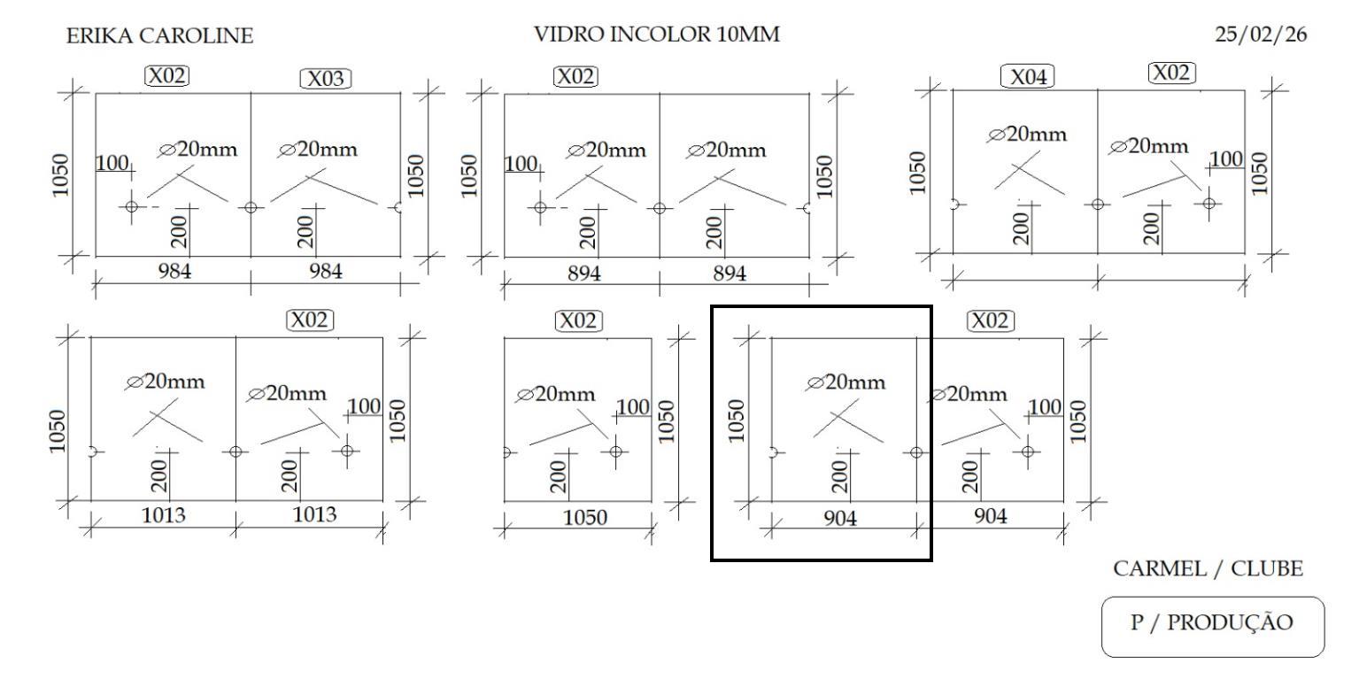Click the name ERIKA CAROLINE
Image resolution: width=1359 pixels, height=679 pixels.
click(x=159, y=36)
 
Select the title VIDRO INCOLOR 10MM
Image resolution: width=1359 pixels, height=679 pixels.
click(x=657, y=35)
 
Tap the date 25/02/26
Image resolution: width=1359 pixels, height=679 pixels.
click(x=1260, y=35)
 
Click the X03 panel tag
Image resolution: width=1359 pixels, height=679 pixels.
click(x=326, y=79)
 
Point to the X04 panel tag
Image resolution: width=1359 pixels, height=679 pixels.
click(x=1028, y=77)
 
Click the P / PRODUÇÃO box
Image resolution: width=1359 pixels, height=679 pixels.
click(x=1212, y=623)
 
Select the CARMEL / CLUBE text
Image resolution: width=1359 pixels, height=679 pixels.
click(x=1208, y=569)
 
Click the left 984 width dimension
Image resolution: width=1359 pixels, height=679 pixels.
click(x=174, y=271)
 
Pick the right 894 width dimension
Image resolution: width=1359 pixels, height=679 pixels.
click(x=730, y=274)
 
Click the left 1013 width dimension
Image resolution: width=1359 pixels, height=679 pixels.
click(x=165, y=515)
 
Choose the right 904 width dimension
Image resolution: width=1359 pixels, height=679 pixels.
click(x=990, y=516)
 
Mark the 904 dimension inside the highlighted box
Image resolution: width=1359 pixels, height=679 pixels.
click(x=841, y=518)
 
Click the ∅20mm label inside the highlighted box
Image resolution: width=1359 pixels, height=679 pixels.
click(x=846, y=382)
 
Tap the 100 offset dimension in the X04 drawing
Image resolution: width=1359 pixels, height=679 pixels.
click(x=1225, y=158)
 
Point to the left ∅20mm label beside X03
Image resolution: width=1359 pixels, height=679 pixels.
click(x=197, y=149)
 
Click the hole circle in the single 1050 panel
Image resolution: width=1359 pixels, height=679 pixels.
click(x=615, y=451)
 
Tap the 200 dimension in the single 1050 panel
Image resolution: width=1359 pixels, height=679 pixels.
click(x=558, y=475)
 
